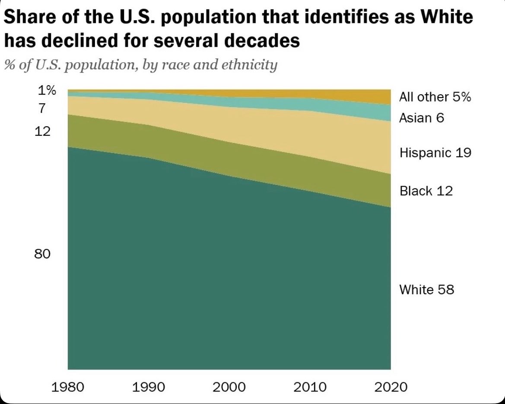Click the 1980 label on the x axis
tap(68, 387)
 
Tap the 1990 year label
tap(149, 387)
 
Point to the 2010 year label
tap(310, 387)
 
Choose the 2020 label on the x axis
tap(391, 387)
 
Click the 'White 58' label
tap(427, 289)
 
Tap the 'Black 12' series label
tap(426, 191)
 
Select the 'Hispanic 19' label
tap(435, 153)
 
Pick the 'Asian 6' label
tap(422, 118)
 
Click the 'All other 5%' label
tap(435, 97)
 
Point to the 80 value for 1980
tap(42, 254)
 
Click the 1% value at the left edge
tap(47, 91)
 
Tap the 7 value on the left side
tap(42, 108)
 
